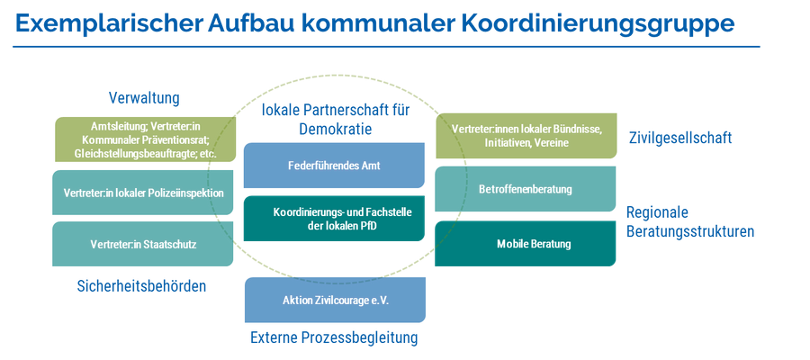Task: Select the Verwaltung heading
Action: pos(144,98)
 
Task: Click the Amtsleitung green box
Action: pos(145,139)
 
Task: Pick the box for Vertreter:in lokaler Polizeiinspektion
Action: pos(142,193)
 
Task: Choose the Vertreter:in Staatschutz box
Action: pos(142,244)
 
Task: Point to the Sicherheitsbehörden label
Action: pos(141,285)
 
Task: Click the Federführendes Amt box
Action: pos(334,166)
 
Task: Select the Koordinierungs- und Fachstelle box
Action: pos(334,219)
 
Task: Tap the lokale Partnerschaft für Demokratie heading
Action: pos(336,120)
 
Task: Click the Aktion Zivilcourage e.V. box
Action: pos(335,300)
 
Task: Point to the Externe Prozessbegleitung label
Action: pos(334,337)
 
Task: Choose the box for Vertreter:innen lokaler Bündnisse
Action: pos(526,136)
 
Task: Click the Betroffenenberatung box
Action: pos(526,189)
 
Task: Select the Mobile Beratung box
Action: pos(526,244)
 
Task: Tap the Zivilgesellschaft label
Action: pos(680,138)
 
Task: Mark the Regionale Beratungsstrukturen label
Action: pos(690,221)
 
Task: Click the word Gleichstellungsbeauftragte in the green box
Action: pos(131,154)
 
